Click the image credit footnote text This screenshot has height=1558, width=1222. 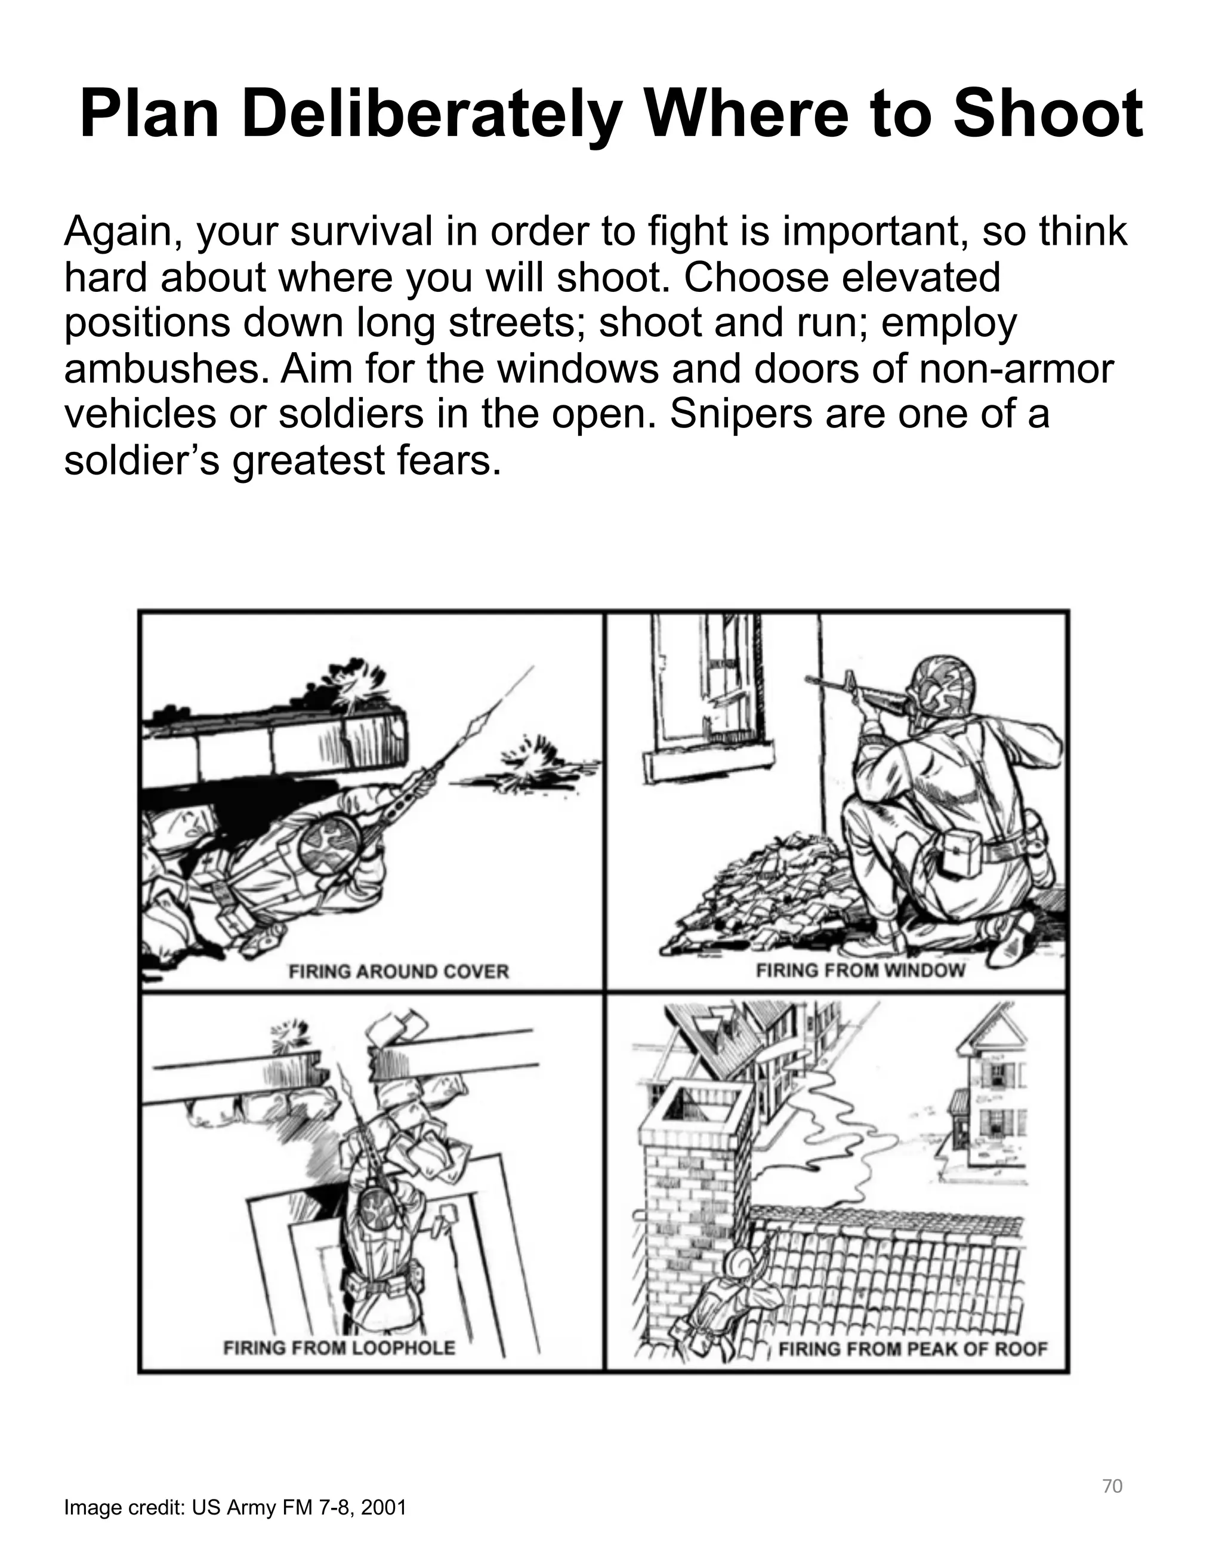[234, 1508]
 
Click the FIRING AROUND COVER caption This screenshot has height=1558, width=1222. [399, 971]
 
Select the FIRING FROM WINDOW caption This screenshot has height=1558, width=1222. [860, 971]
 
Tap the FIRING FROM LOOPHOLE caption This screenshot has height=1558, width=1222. [339, 1348]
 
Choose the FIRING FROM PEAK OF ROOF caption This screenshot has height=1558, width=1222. [912, 1349]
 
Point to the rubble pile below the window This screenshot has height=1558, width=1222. [766, 895]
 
